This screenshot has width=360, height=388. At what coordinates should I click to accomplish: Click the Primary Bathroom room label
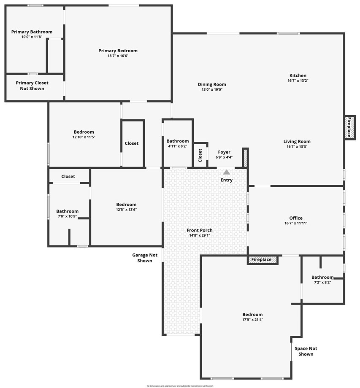[x=32, y=32]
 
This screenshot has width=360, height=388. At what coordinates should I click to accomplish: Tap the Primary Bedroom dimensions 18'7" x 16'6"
[x=118, y=56]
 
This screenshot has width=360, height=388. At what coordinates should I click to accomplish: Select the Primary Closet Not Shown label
[x=32, y=86]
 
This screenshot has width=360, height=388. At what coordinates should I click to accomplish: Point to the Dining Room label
[x=212, y=84]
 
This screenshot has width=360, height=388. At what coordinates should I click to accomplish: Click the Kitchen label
[x=298, y=75]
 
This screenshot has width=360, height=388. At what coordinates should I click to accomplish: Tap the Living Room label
[x=297, y=142]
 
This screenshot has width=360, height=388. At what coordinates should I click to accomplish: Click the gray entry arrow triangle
[x=227, y=172]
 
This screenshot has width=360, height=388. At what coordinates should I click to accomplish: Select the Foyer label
[x=224, y=152]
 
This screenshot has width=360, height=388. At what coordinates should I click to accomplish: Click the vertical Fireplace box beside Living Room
[x=349, y=127]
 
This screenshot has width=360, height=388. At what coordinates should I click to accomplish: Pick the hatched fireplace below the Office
[x=263, y=260]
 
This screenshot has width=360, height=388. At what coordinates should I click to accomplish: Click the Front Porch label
[x=200, y=230]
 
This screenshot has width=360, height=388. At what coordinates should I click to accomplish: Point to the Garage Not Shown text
[x=145, y=258]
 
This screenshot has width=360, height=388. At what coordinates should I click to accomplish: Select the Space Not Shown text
[x=306, y=351]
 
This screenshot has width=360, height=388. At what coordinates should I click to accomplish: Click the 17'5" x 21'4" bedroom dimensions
[x=252, y=320]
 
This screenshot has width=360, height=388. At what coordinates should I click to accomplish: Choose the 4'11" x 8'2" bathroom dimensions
[x=178, y=147]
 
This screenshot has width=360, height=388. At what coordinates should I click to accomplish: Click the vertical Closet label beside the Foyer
[x=200, y=156]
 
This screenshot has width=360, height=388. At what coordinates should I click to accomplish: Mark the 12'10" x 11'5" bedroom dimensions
[x=84, y=137]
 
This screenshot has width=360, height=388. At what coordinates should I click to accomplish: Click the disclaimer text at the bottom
[x=180, y=386]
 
